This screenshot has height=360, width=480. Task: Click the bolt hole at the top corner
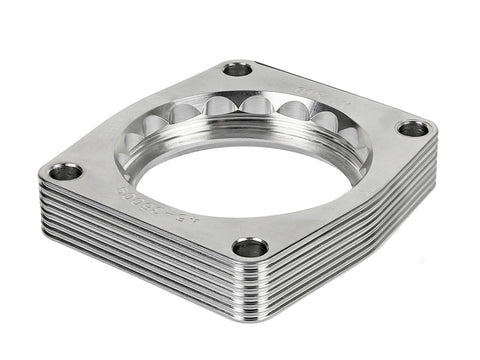pyautogui.click(x=238, y=69)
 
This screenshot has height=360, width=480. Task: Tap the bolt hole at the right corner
pyautogui.click(x=413, y=128)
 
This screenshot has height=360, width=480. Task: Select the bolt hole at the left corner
pyautogui.click(x=66, y=172)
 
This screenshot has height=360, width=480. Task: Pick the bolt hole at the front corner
pyautogui.click(x=250, y=247)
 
